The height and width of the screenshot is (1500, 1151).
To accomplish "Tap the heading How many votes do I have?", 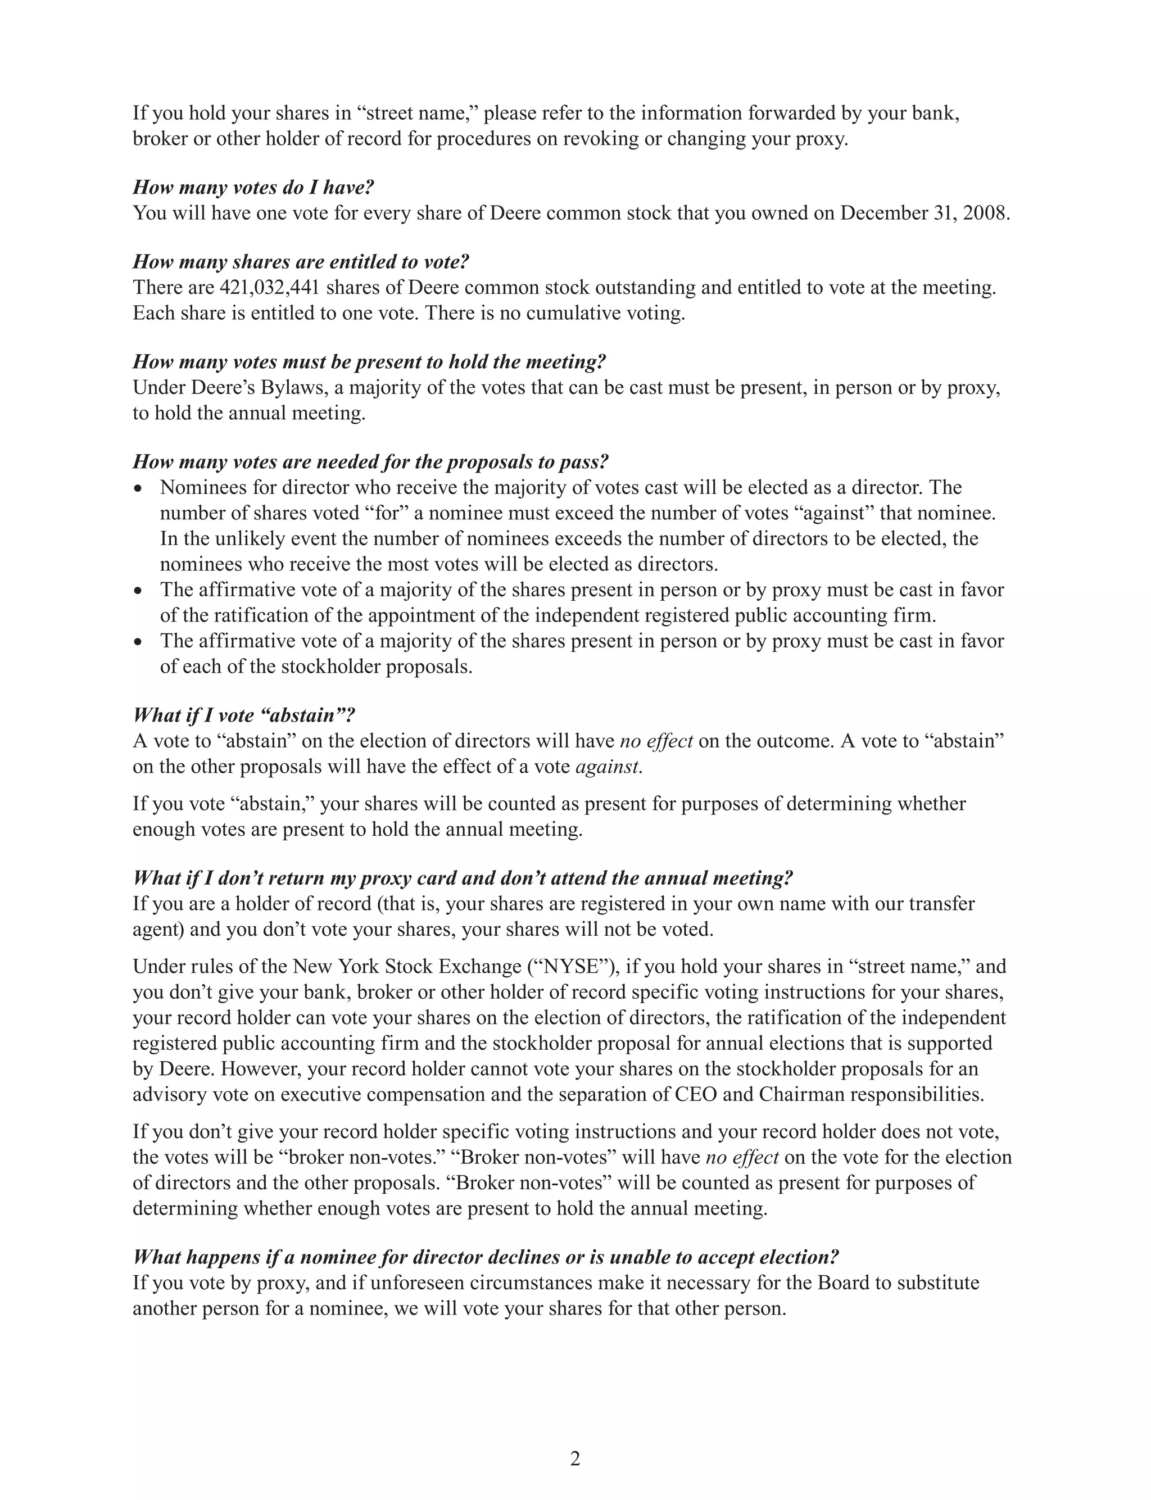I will pyautogui.click(x=253, y=188).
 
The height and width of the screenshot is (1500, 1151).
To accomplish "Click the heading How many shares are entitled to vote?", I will pyautogui.click(x=301, y=262).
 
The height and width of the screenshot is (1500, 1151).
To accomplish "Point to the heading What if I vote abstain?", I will pyautogui.click(x=244, y=716).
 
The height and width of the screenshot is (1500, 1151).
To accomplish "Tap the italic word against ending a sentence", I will pyautogui.click(x=609, y=767).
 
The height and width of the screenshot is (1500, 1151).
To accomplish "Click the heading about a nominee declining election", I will pyautogui.click(x=486, y=1258).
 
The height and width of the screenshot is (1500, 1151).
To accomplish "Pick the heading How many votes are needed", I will pyautogui.click(x=370, y=463).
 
